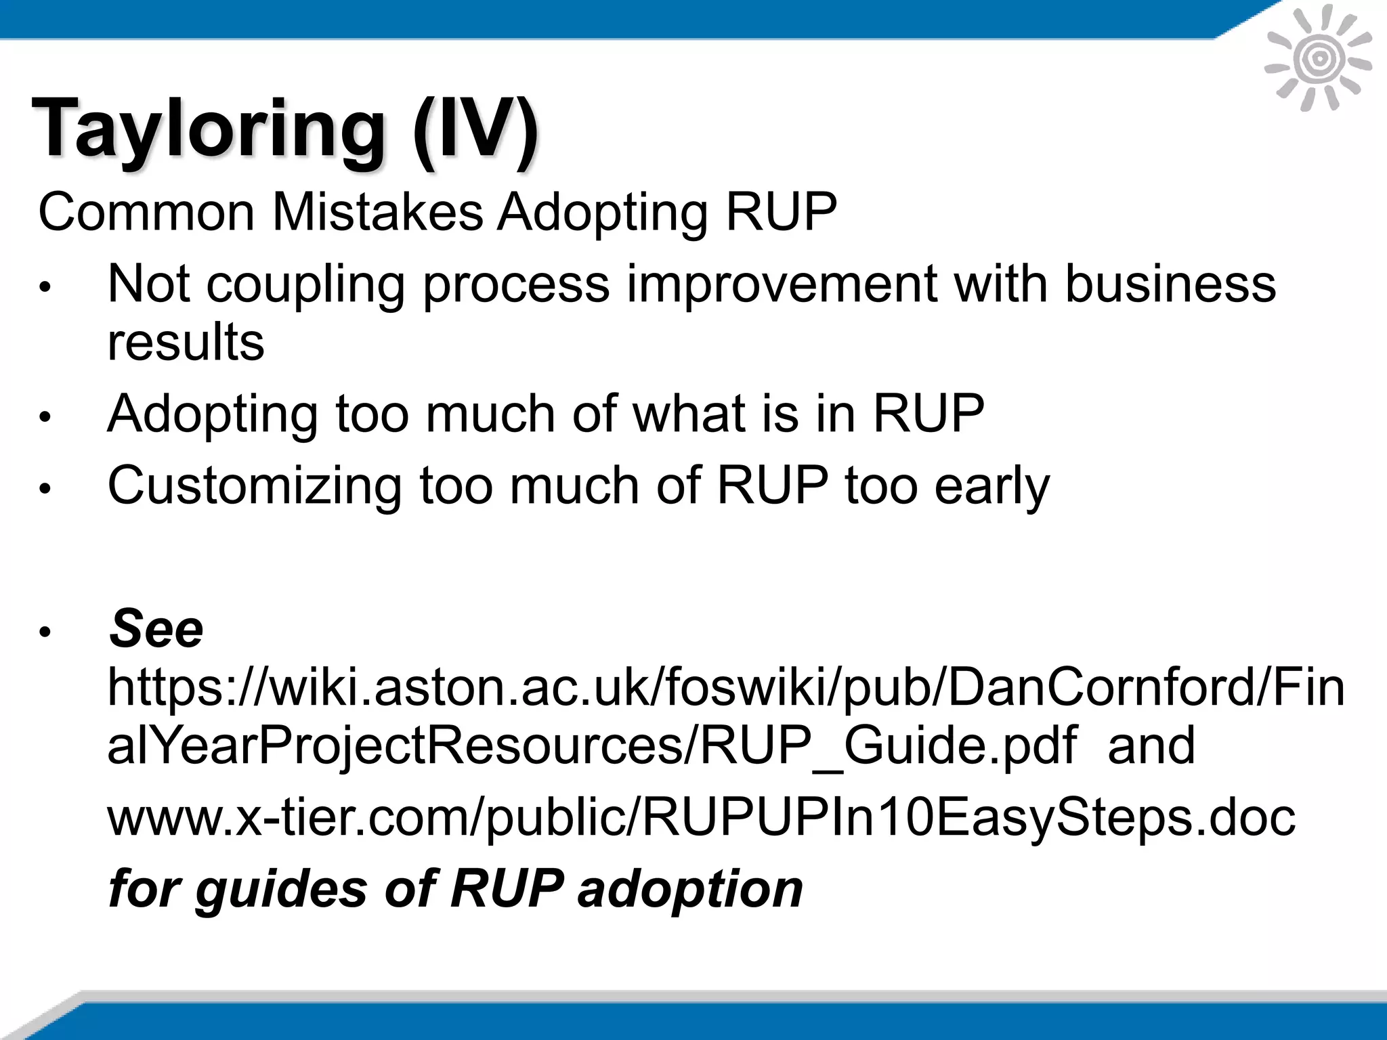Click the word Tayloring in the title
pos(207,129)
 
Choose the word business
pos(1170,284)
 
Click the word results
pos(186,342)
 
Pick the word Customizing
pos(255,486)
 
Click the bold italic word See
pos(156,629)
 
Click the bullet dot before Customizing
pos(45,489)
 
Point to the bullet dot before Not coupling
pos(45,287)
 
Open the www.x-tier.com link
pos(701,817)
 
